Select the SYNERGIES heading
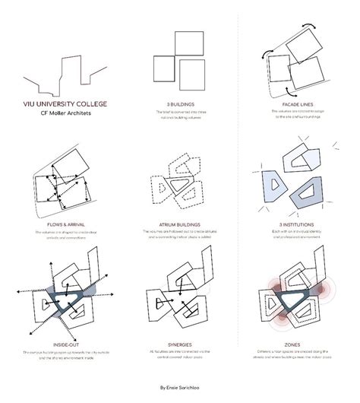pos(180,344)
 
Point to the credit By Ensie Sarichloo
pos(180,387)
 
